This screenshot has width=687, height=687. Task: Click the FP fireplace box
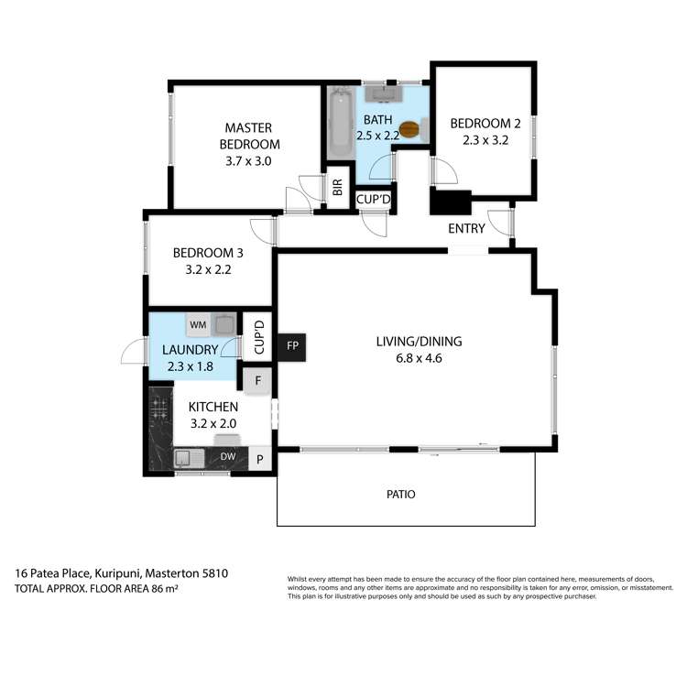click(x=292, y=347)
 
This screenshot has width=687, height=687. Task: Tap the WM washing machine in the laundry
click(x=198, y=324)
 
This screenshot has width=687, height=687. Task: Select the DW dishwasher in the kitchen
click(x=228, y=456)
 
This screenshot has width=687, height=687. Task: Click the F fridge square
click(x=257, y=381)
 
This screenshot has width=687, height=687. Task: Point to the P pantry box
click(x=260, y=459)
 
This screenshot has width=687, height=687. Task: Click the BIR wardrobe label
click(x=337, y=188)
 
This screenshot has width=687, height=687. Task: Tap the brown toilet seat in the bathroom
click(x=409, y=130)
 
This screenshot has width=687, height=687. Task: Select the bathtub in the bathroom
click(x=341, y=123)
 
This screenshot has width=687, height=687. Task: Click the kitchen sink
click(x=190, y=458)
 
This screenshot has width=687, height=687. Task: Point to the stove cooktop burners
click(x=158, y=409)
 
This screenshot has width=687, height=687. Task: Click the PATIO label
click(x=401, y=495)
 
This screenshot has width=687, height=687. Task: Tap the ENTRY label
click(x=466, y=228)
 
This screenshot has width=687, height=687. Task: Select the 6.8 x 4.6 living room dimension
click(x=419, y=358)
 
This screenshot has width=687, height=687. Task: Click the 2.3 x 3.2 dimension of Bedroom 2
click(x=485, y=140)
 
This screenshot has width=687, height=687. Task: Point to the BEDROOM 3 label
click(x=208, y=253)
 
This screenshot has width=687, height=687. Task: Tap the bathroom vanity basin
click(x=384, y=93)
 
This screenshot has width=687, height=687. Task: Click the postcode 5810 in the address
click(x=215, y=573)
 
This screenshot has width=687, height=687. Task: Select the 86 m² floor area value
click(x=165, y=588)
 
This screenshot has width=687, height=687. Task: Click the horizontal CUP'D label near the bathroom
click(x=374, y=200)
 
